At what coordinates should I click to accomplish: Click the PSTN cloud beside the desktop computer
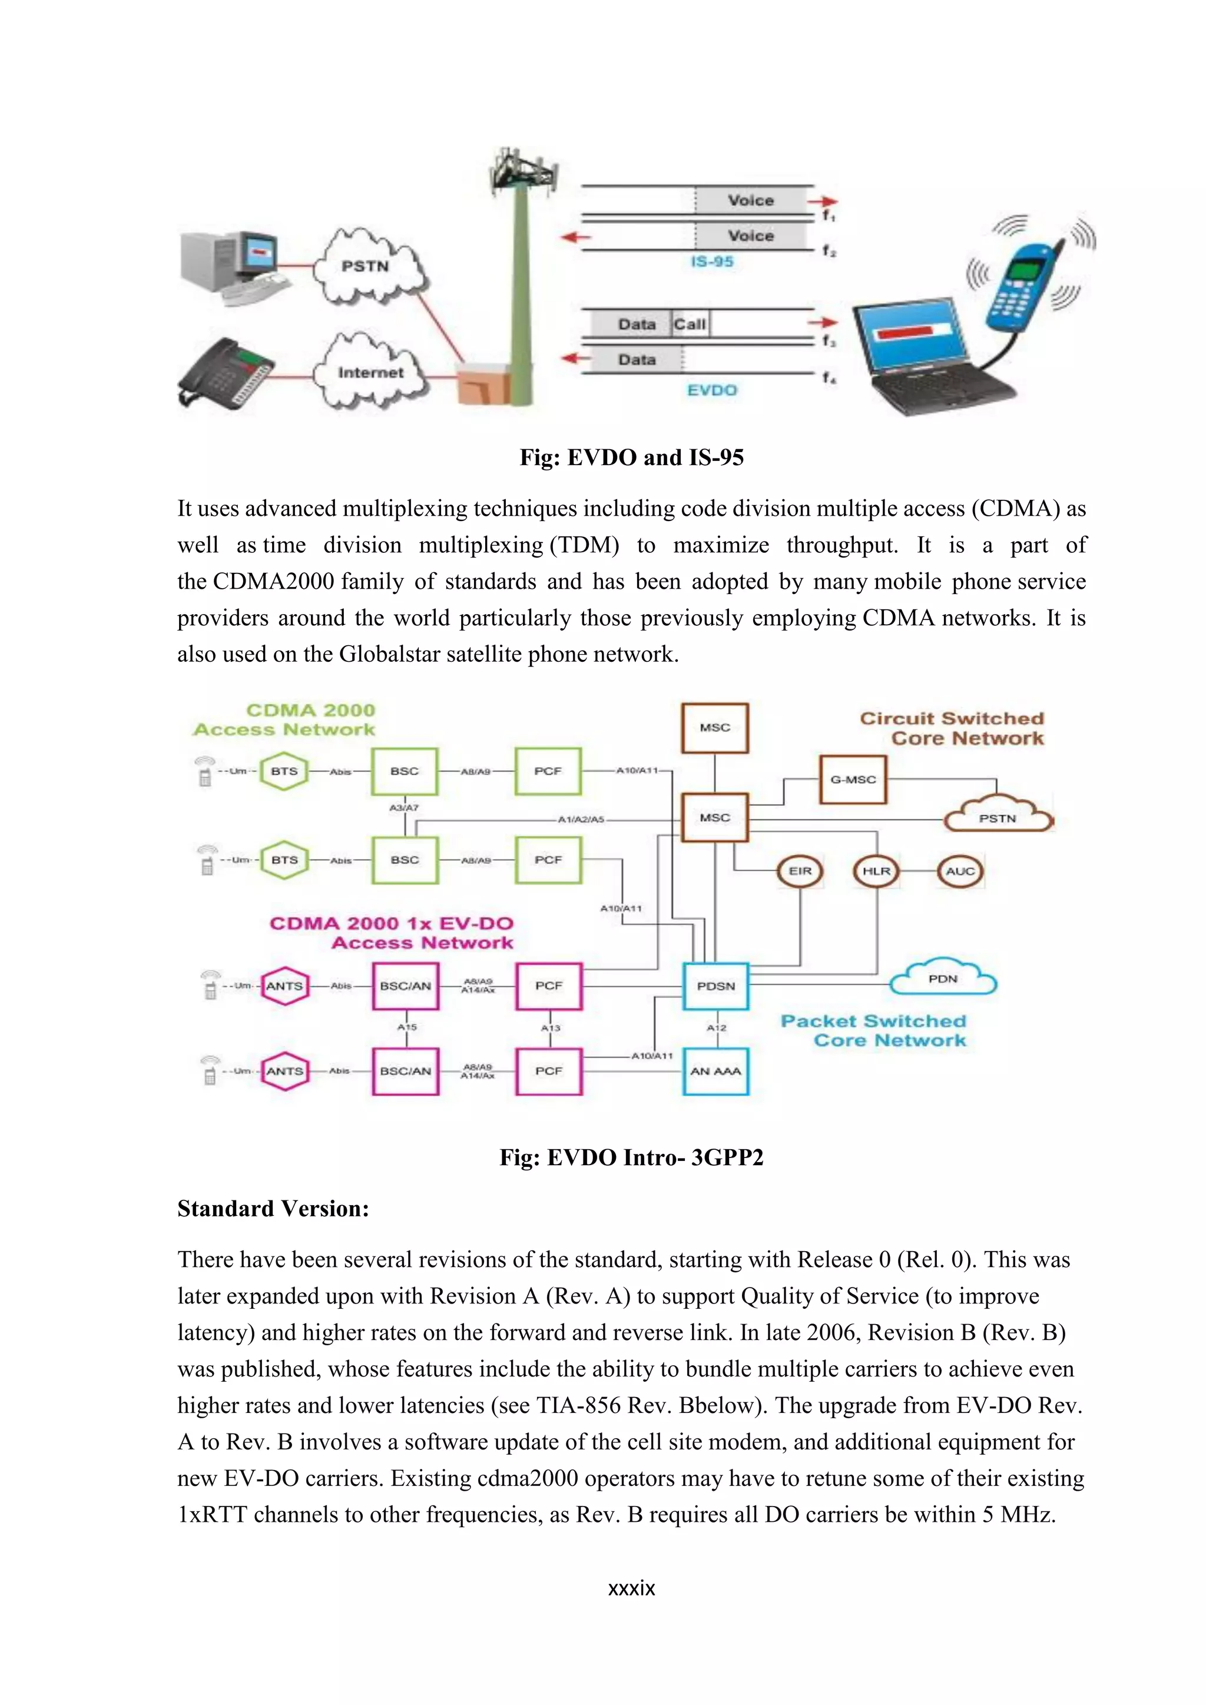click(x=365, y=266)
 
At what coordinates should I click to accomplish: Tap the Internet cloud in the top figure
click(x=370, y=371)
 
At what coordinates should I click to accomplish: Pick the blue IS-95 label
click(x=711, y=261)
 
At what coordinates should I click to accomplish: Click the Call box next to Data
click(x=690, y=324)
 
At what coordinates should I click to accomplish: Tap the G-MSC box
click(x=853, y=779)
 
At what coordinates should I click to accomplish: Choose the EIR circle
click(x=800, y=870)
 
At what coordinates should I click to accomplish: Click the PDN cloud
click(x=943, y=978)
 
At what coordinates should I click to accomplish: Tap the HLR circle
click(x=876, y=870)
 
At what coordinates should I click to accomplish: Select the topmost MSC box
click(x=714, y=727)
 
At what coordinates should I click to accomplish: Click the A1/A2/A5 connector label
click(x=581, y=820)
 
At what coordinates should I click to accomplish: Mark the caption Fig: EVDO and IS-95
click(x=631, y=457)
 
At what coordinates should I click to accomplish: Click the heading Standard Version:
click(x=273, y=1208)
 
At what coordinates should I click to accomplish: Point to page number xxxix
click(x=631, y=1588)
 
